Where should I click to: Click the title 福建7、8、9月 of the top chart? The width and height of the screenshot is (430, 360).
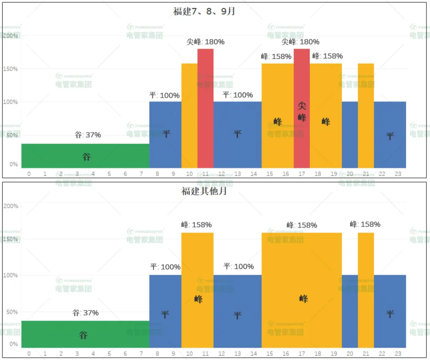point(204,11)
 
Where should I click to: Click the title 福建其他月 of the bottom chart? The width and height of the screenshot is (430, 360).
point(204,191)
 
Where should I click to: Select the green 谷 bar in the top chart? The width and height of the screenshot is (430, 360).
point(85,156)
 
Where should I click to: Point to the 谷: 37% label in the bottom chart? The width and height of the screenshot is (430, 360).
point(86,313)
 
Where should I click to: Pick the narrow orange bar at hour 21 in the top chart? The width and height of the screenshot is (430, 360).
point(366,115)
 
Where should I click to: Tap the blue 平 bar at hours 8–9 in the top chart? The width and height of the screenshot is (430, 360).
point(165,134)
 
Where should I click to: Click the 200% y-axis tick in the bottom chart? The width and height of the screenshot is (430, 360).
point(11,206)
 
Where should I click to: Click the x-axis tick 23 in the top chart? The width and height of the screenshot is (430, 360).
point(398,174)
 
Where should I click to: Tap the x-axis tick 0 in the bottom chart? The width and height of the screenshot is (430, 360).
point(29,354)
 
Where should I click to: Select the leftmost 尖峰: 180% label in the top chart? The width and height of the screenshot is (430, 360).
point(205,42)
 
